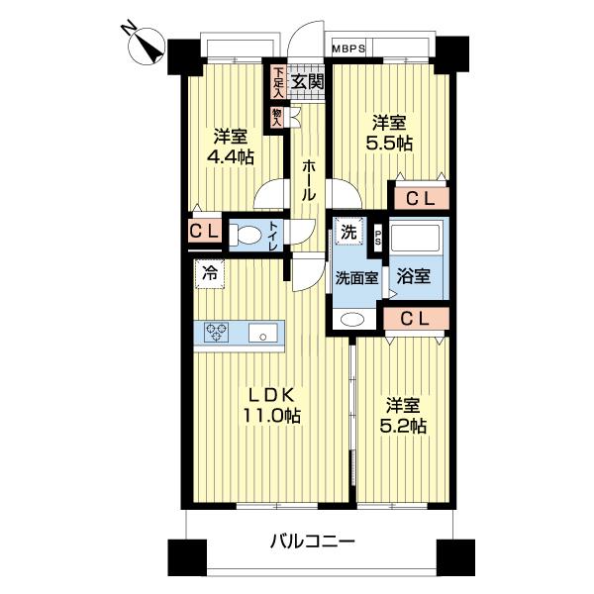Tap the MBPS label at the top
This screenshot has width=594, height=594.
[348, 48]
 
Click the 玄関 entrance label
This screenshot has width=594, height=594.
[307, 81]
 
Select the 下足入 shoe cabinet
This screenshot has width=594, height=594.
[278, 82]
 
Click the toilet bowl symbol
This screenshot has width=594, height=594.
[247, 234]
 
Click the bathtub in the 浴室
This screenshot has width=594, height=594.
[418, 241]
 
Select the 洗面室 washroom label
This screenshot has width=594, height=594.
[354, 277]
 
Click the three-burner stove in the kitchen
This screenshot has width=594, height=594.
[218, 333]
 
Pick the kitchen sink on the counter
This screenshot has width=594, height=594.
[264, 334]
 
